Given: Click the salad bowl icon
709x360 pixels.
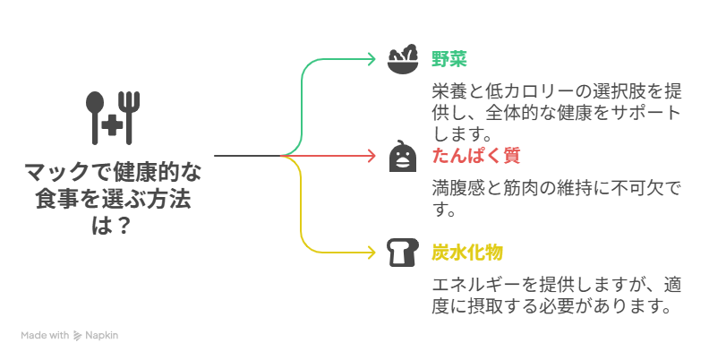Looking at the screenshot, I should (x=402, y=59).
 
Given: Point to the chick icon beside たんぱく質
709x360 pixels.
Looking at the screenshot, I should (x=402, y=156).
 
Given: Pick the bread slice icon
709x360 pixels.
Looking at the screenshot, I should (x=402, y=253).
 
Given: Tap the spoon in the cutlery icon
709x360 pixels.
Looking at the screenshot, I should (x=95, y=114).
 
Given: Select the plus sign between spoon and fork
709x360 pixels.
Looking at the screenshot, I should (x=114, y=126).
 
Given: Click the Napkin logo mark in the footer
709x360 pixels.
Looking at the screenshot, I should (x=78, y=335).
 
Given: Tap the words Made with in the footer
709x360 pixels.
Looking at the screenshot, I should (x=45, y=335).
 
